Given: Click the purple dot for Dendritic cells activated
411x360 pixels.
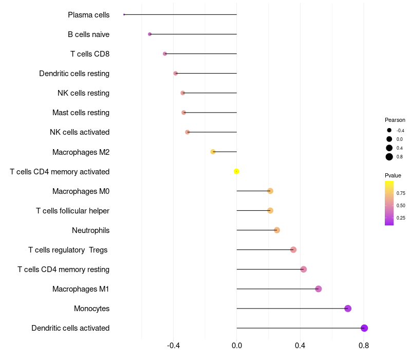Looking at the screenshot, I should (364, 328).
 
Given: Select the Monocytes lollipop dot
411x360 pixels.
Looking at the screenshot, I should (348, 309).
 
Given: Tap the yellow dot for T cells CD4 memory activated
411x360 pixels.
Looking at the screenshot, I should (236, 171).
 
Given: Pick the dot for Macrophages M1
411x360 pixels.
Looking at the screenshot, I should (319, 289).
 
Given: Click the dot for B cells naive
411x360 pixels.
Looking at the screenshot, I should (150, 34).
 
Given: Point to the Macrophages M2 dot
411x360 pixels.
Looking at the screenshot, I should (213, 152).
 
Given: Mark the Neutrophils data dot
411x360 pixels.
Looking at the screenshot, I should (277, 230).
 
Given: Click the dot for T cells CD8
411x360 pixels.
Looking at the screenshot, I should (165, 53).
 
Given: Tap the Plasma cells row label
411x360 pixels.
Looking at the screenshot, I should (88, 15).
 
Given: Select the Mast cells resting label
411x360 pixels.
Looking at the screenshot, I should (81, 113).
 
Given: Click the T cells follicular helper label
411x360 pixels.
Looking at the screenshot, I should (72, 211).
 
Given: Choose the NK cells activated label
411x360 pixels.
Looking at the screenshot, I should (80, 132).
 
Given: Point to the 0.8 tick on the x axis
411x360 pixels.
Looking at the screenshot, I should (364, 346).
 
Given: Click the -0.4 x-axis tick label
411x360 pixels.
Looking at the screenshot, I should (173, 346).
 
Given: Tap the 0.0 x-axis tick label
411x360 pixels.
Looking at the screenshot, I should (237, 346).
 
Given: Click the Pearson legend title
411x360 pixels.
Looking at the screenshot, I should (395, 120).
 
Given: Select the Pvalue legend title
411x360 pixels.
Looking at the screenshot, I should (393, 175).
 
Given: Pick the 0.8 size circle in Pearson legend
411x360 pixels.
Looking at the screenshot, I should (389, 157).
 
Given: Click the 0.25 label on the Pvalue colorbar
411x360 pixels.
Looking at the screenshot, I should (401, 218).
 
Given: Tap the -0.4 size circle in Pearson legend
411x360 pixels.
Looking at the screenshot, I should (389, 131).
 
